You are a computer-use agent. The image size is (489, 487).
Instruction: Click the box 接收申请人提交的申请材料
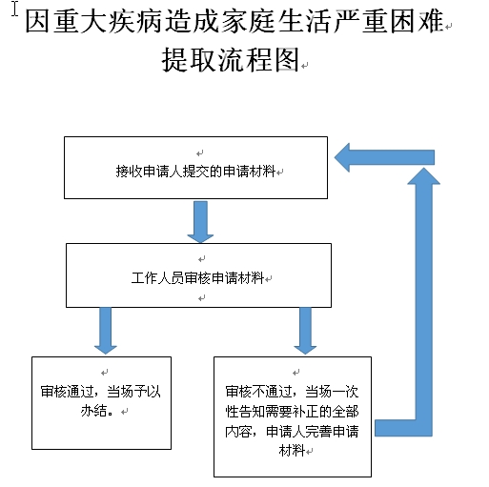(195, 168)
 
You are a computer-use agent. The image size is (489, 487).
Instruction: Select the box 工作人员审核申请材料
(198, 275)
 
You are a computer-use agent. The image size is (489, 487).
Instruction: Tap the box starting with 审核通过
(101, 403)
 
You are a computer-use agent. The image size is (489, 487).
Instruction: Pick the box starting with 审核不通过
(293, 416)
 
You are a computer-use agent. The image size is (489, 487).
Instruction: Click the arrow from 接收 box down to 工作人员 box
(200, 222)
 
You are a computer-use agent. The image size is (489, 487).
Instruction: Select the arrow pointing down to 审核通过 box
(106, 331)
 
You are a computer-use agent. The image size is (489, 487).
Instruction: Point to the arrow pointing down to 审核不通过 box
(305, 331)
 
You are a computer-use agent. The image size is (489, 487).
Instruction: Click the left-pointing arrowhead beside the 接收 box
(342, 157)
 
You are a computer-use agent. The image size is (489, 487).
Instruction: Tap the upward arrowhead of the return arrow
(423, 176)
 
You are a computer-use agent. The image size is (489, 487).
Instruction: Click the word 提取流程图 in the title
(231, 60)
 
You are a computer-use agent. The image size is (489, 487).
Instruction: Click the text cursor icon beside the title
(15, 9)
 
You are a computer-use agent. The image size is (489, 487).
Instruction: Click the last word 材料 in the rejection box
(292, 451)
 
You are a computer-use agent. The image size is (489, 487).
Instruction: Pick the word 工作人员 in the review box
(157, 278)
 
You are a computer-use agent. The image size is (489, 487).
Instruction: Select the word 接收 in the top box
(129, 172)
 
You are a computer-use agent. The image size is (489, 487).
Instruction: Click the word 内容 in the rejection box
(238, 432)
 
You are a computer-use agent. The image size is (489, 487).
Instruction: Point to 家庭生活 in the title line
(276, 21)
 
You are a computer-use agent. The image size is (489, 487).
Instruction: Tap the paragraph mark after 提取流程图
(305, 66)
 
